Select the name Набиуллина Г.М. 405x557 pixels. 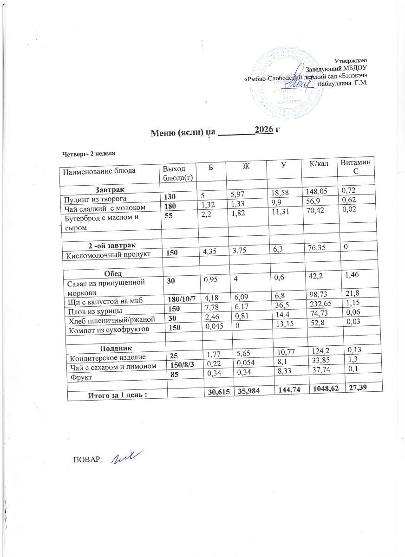click(x=342, y=84)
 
